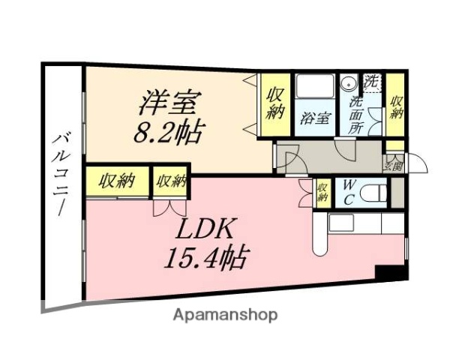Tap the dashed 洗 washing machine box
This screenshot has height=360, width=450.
373,82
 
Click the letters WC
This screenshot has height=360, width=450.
348,193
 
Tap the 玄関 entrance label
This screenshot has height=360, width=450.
394,164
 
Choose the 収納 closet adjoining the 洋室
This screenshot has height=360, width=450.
274,104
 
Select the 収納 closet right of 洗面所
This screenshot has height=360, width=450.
396,105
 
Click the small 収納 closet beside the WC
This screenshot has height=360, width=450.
322,193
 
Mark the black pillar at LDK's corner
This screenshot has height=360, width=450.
390,274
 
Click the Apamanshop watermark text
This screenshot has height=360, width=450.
225,315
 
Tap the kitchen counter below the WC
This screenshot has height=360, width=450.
360,223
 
